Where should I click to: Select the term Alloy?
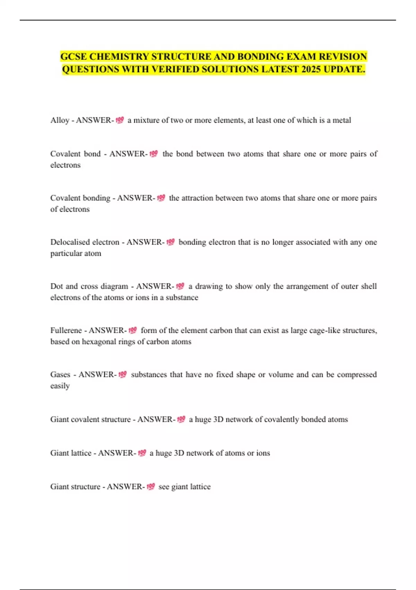pos(60,120)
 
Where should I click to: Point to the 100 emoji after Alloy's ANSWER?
pos(120,120)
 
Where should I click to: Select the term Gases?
pos(60,374)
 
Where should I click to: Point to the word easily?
pos(60,386)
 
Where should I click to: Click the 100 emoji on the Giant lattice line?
pos(142,453)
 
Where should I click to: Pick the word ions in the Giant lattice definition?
pos(263,453)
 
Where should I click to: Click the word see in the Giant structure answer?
pos(164,487)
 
